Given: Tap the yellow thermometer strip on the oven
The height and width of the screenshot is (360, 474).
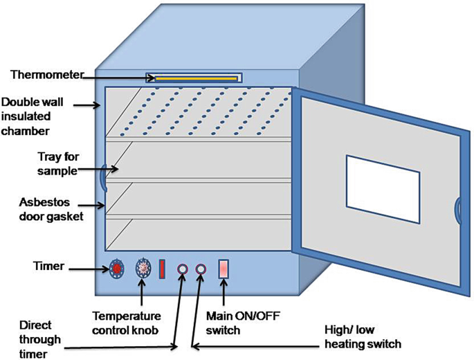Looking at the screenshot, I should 193,79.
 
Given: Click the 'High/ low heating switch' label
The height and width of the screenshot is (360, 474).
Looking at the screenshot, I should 363,337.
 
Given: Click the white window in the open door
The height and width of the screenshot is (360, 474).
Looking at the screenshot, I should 382,188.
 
